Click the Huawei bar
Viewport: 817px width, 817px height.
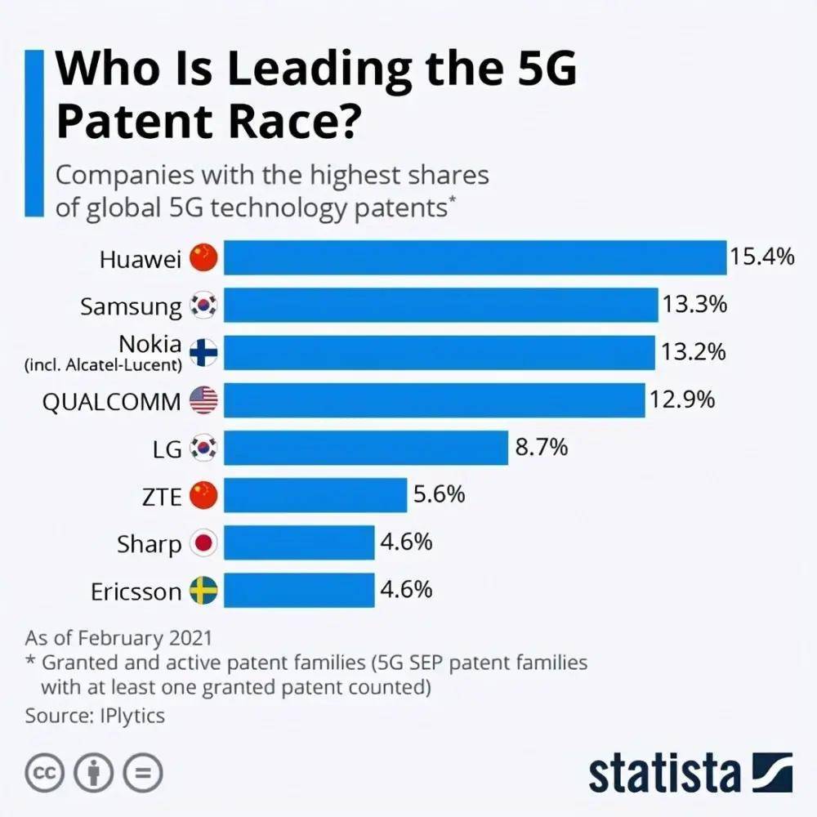click(x=475, y=257)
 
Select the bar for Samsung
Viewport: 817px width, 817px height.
click(x=441, y=305)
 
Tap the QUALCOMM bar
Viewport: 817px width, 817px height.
click(x=434, y=400)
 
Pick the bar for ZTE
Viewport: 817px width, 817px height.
click(x=315, y=495)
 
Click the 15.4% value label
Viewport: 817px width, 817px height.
click(x=761, y=257)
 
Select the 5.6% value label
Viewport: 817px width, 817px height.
click(x=439, y=494)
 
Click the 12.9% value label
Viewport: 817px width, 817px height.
click(x=682, y=400)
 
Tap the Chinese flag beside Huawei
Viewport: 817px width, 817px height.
click(x=204, y=258)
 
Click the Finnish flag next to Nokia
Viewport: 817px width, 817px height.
click(x=204, y=353)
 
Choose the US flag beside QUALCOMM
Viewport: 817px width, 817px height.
click(x=204, y=400)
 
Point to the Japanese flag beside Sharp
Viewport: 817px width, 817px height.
click(x=204, y=543)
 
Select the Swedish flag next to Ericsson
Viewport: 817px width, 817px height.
click(x=204, y=591)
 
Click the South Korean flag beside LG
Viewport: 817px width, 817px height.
click(x=204, y=448)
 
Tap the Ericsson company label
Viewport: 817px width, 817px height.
click(x=136, y=592)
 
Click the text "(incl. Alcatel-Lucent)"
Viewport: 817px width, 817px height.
click(x=103, y=365)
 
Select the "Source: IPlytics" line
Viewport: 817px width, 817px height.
click(x=95, y=716)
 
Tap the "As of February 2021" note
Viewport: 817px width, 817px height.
click(x=118, y=637)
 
